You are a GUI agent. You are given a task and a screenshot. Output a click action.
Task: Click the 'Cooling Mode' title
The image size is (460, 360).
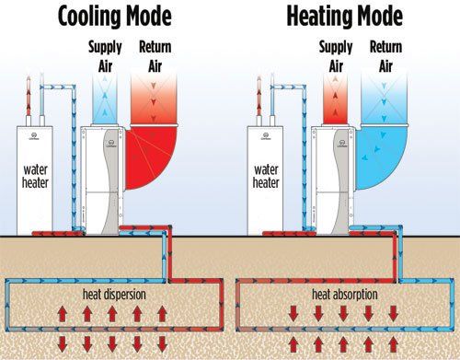114,16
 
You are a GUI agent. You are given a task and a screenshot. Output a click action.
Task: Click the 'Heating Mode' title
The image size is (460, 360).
344,16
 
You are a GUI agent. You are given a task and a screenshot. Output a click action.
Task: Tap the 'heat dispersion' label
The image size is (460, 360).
114,295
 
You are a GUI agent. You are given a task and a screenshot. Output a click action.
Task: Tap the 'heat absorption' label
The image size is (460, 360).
345,295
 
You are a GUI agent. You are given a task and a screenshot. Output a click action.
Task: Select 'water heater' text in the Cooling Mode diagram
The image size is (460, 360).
35,176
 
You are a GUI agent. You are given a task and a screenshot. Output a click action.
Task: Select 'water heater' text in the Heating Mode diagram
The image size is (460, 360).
266,176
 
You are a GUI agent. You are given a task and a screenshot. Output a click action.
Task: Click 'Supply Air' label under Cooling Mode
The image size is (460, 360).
105,56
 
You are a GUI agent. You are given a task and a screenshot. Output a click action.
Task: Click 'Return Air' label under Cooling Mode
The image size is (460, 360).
155,56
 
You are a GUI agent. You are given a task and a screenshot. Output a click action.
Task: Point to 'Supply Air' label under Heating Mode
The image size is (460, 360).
336,56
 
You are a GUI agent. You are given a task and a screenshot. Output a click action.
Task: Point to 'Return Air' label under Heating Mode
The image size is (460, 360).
385,56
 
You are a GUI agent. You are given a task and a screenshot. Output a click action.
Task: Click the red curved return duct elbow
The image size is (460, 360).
149,157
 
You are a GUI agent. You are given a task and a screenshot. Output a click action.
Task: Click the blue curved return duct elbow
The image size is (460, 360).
380,157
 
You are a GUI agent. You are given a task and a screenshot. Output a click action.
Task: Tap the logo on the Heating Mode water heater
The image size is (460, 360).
266,136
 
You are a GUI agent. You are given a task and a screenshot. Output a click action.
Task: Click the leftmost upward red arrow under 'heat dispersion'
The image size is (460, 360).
63,314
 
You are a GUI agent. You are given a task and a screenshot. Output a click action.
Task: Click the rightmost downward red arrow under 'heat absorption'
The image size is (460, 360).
393,313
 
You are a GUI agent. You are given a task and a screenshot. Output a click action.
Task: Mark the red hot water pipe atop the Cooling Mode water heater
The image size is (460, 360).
29,99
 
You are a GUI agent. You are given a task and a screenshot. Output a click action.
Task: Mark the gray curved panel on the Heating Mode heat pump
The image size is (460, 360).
341,181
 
